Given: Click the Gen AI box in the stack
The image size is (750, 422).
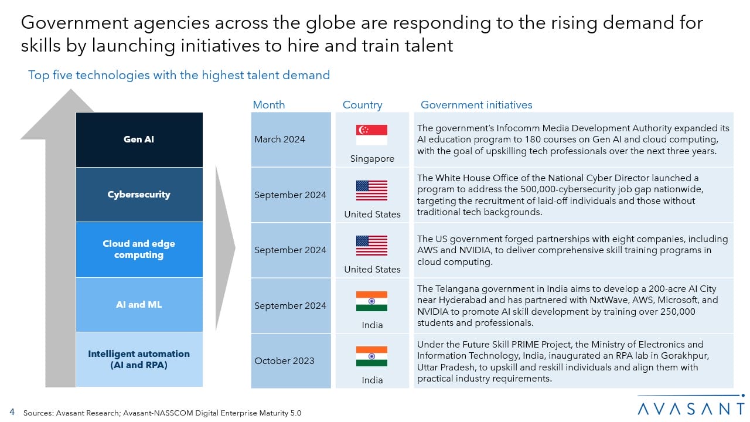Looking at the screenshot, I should click(139, 139).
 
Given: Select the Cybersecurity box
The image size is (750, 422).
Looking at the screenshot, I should click(139, 195).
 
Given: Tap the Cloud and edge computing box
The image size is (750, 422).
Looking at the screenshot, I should click(139, 249).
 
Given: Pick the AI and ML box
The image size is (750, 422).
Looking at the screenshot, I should click(139, 305).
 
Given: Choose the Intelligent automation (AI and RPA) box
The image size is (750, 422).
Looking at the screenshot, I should click(139, 359).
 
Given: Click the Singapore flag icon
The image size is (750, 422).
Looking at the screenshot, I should click(371, 135).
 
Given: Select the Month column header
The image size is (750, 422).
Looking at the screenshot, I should click(269, 105).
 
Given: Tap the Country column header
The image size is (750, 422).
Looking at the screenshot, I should click(362, 105).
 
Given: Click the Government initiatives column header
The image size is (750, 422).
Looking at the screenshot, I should click(476, 105).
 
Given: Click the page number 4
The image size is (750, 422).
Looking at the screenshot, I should click(12, 412).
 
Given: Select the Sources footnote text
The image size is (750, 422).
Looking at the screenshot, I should click(162, 413).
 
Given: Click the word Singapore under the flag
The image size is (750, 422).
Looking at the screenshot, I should click(372, 159).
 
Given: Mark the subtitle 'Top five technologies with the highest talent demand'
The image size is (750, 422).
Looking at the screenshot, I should click(179, 75).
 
